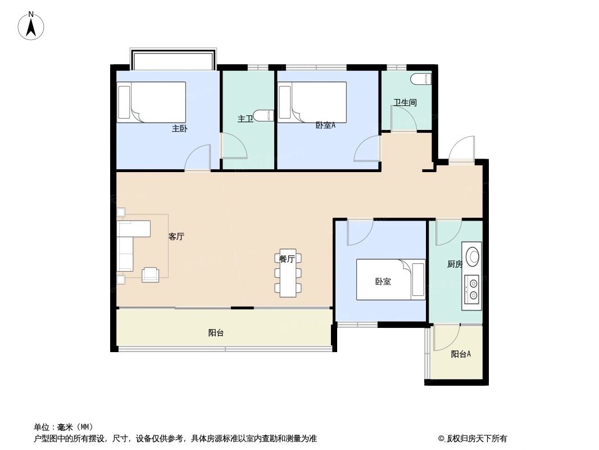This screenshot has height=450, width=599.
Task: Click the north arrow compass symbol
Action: coord(31,26)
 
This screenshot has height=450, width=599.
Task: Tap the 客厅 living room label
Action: coord(176,237)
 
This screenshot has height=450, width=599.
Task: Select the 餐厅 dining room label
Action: coord(287,259)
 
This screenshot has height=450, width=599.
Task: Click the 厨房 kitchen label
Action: coord(455,264)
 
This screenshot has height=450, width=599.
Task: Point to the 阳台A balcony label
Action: coord(461,354)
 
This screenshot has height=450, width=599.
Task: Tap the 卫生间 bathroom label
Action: coord(405,102)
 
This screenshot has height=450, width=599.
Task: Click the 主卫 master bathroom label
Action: coord(244,119)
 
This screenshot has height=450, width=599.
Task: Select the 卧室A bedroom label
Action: coord(325,125)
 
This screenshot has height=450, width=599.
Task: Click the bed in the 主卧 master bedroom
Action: coord(151,102)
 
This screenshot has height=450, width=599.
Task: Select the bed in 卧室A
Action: coord(312,101)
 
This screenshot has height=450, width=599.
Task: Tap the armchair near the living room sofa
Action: coord(151,274)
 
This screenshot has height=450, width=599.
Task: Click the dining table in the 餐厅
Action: coord(287,274)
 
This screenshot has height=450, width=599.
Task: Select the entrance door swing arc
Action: coord(461,150)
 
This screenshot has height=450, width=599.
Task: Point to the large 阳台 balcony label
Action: coord(216,332)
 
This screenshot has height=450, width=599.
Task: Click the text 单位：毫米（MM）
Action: coord(63,426)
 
